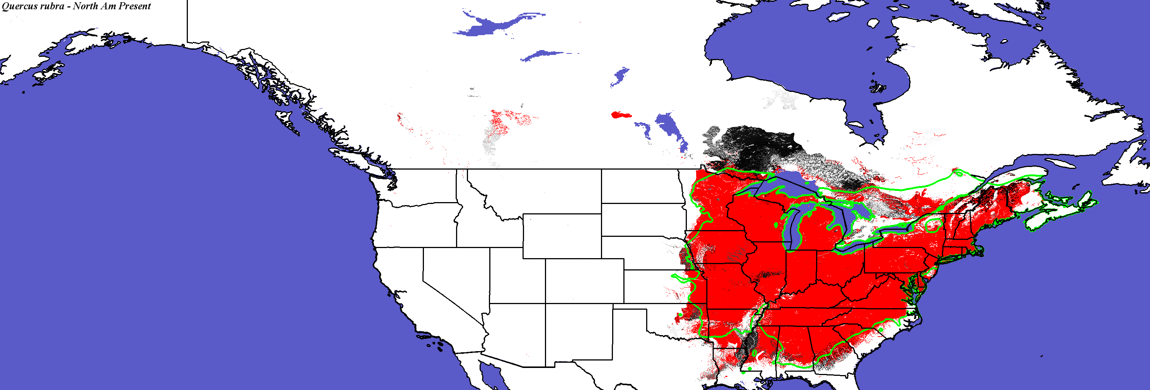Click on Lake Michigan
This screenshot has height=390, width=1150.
tap(790, 228)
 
